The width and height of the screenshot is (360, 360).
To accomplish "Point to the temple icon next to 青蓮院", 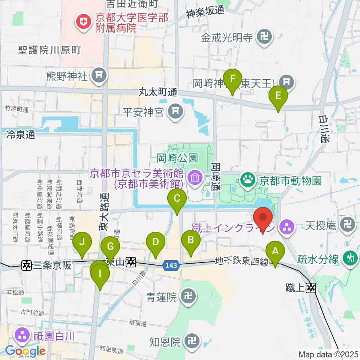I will click(187, 298).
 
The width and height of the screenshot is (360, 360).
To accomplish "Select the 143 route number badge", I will click(171, 265).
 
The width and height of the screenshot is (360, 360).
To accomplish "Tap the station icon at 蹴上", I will click(311, 288).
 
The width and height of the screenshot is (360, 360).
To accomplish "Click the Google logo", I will click(25, 351).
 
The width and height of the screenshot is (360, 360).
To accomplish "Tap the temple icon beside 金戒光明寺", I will click(264, 37).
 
